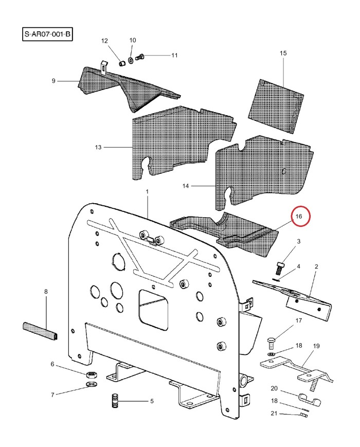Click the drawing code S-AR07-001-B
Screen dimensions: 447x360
(x=47, y=34)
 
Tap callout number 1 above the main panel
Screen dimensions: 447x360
(x=147, y=191)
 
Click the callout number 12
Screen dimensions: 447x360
(x=104, y=41)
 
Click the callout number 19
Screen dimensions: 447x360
(x=316, y=346)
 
